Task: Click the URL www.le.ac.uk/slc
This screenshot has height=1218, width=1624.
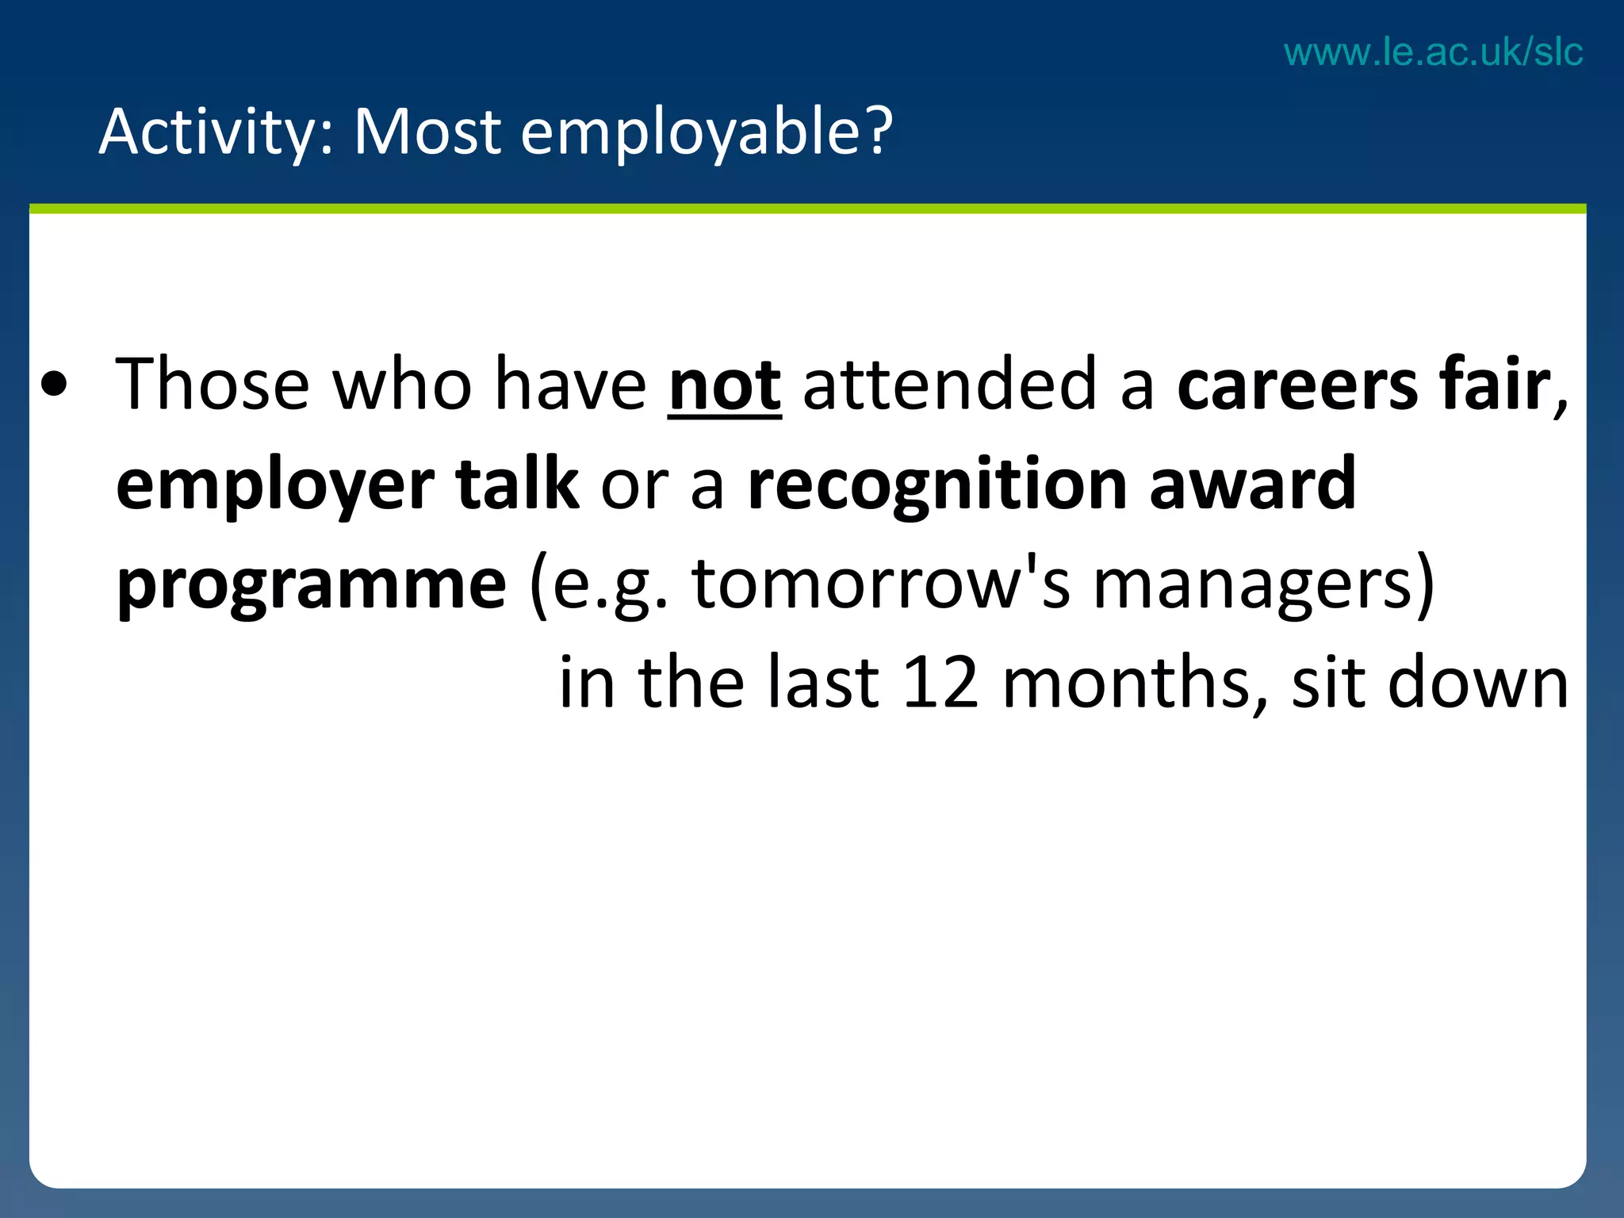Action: click(1433, 52)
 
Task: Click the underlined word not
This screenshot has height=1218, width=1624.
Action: click(725, 385)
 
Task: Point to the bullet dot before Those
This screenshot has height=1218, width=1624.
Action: click(54, 385)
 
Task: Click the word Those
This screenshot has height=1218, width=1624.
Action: click(212, 385)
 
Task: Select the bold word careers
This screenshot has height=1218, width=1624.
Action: click(1297, 385)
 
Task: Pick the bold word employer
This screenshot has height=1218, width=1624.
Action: click(275, 485)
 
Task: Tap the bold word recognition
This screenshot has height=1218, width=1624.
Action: click(937, 485)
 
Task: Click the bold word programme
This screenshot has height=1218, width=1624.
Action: click(312, 585)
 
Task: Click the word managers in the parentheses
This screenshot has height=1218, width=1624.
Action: click(1254, 585)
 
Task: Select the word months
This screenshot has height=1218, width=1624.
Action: click(1134, 683)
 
